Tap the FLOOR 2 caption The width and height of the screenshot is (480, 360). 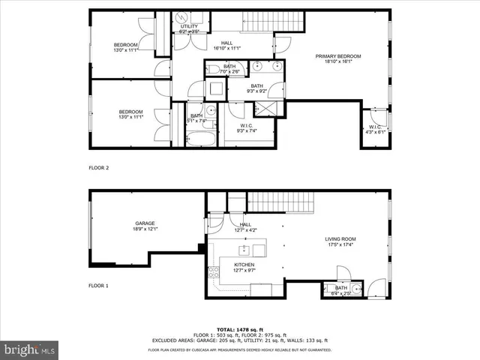tap(98, 168)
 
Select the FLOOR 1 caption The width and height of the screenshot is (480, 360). tap(98, 286)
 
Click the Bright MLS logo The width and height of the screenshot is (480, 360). tap(30, 349)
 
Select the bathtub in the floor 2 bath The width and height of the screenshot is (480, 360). tap(200, 139)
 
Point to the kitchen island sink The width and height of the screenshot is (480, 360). tap(259, 249)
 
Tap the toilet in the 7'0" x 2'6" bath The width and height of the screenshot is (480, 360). tap(212, 69)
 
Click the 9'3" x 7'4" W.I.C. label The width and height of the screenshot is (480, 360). tap(246, 128)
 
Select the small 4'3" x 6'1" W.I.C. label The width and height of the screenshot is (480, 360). tap(376, 130)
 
